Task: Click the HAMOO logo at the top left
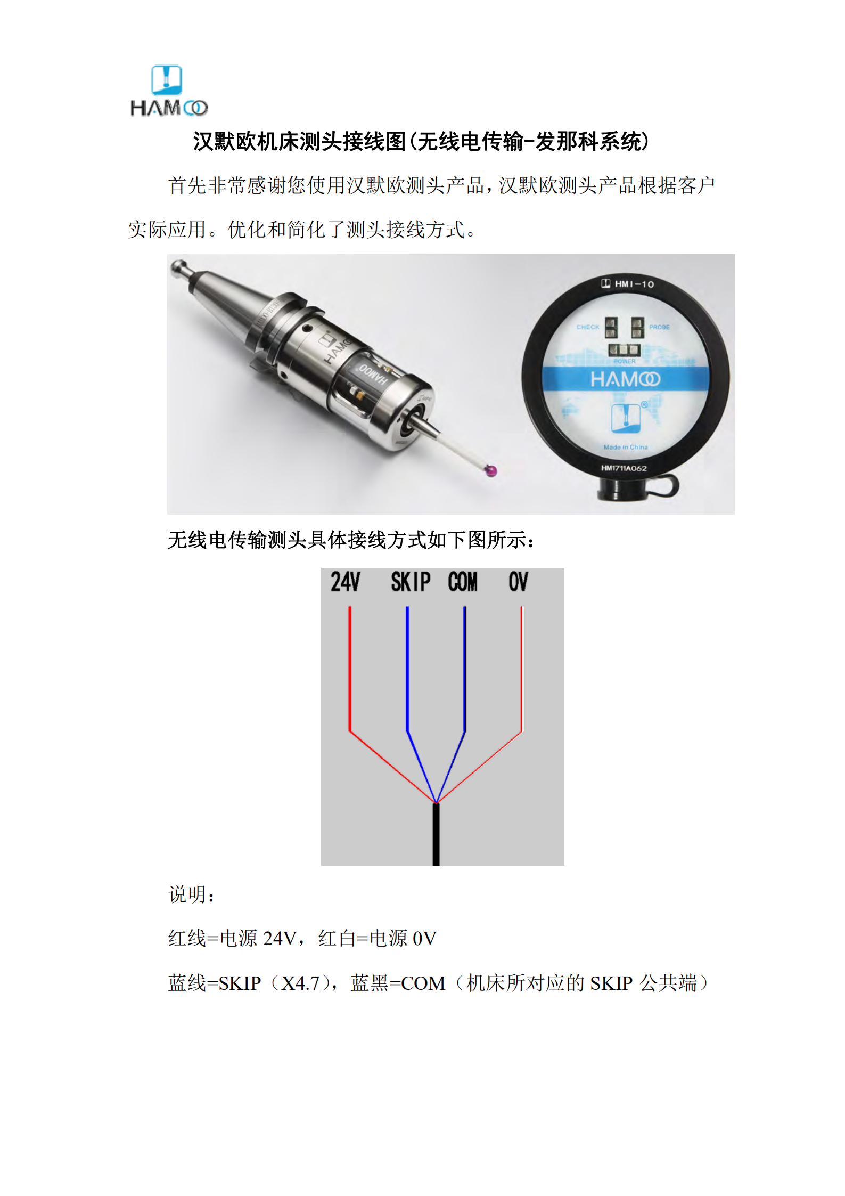pyautogui.click(x=169, y=91)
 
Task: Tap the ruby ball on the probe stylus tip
pyautogui.click(x=490, y=471)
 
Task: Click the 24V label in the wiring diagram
pyautogui.click(x=346, y=582)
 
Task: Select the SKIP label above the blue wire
pyautogui.click(x=411, y=582)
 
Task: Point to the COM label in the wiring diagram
pyautogui.click(x=463, y=582)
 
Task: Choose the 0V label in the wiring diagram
pyautogui.click(x=518, y=582)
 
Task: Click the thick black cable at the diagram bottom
pyautogui.click(x=436, y=834)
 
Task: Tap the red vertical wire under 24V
pyautogui.click(x=350, y=669)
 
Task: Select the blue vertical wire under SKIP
pyautogui.click(x=407, y=669)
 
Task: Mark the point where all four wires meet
pyautogui.click(x=436, y=802)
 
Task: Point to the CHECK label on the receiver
pyautogui.click(x=588, y=327)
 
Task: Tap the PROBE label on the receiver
pyautogui.click(x=659, y=327)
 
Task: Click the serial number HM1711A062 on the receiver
pyautogui.click(x=624, y=468)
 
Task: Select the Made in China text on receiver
pyautogui.click(x=626, y=447)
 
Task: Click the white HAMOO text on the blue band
pyautogui.click(x=625, y=379)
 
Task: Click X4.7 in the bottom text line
pyautogui.click(x=300, y=983)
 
